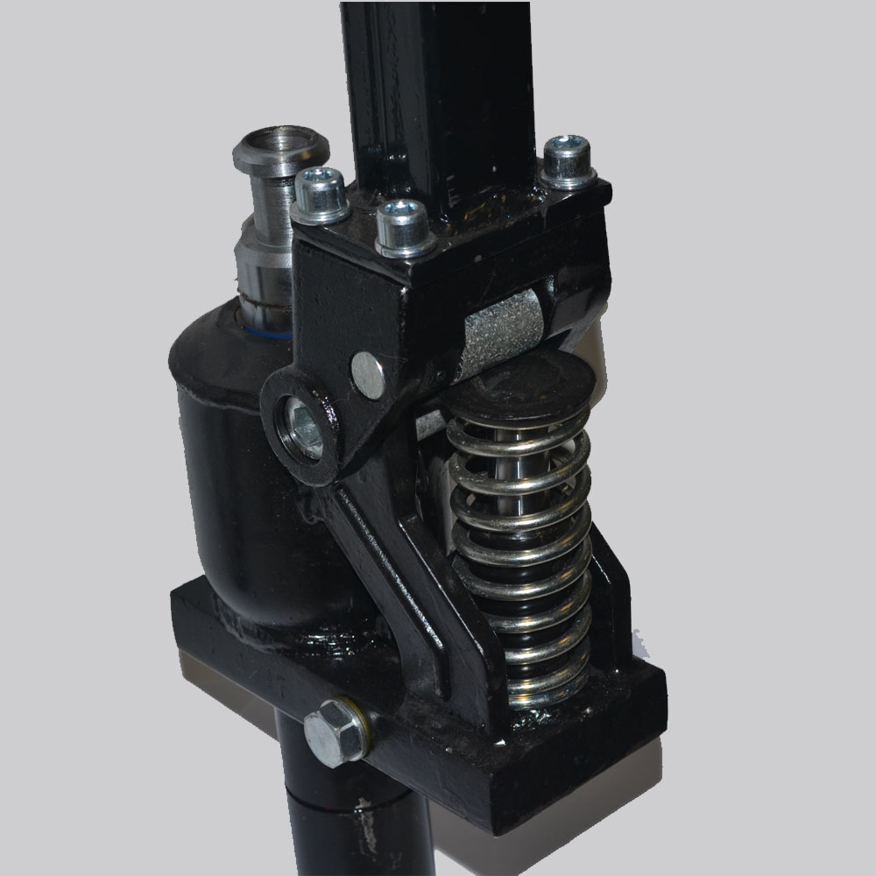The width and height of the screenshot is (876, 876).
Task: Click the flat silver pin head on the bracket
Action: [368, 374]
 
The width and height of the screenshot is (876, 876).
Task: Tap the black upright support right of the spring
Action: [613, 604]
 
